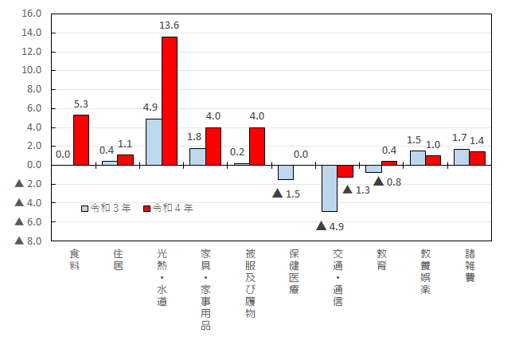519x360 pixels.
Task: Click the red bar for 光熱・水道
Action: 170,101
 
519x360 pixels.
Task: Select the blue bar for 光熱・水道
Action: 154,142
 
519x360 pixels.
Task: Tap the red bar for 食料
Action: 81,140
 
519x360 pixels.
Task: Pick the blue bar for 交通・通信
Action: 329,188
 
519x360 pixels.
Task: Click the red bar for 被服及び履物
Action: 257,147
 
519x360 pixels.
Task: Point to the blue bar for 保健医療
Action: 285,172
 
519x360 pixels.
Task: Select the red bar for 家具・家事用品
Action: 213,147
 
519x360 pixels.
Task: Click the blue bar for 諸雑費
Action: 461,157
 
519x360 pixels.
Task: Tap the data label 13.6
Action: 170,26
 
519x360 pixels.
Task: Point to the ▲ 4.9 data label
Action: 330,225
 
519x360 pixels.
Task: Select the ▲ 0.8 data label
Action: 387,182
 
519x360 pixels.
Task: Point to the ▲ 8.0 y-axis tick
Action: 28,241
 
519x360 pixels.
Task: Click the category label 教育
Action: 382,259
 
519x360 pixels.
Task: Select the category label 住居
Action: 119,259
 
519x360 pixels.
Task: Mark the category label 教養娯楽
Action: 426,271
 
